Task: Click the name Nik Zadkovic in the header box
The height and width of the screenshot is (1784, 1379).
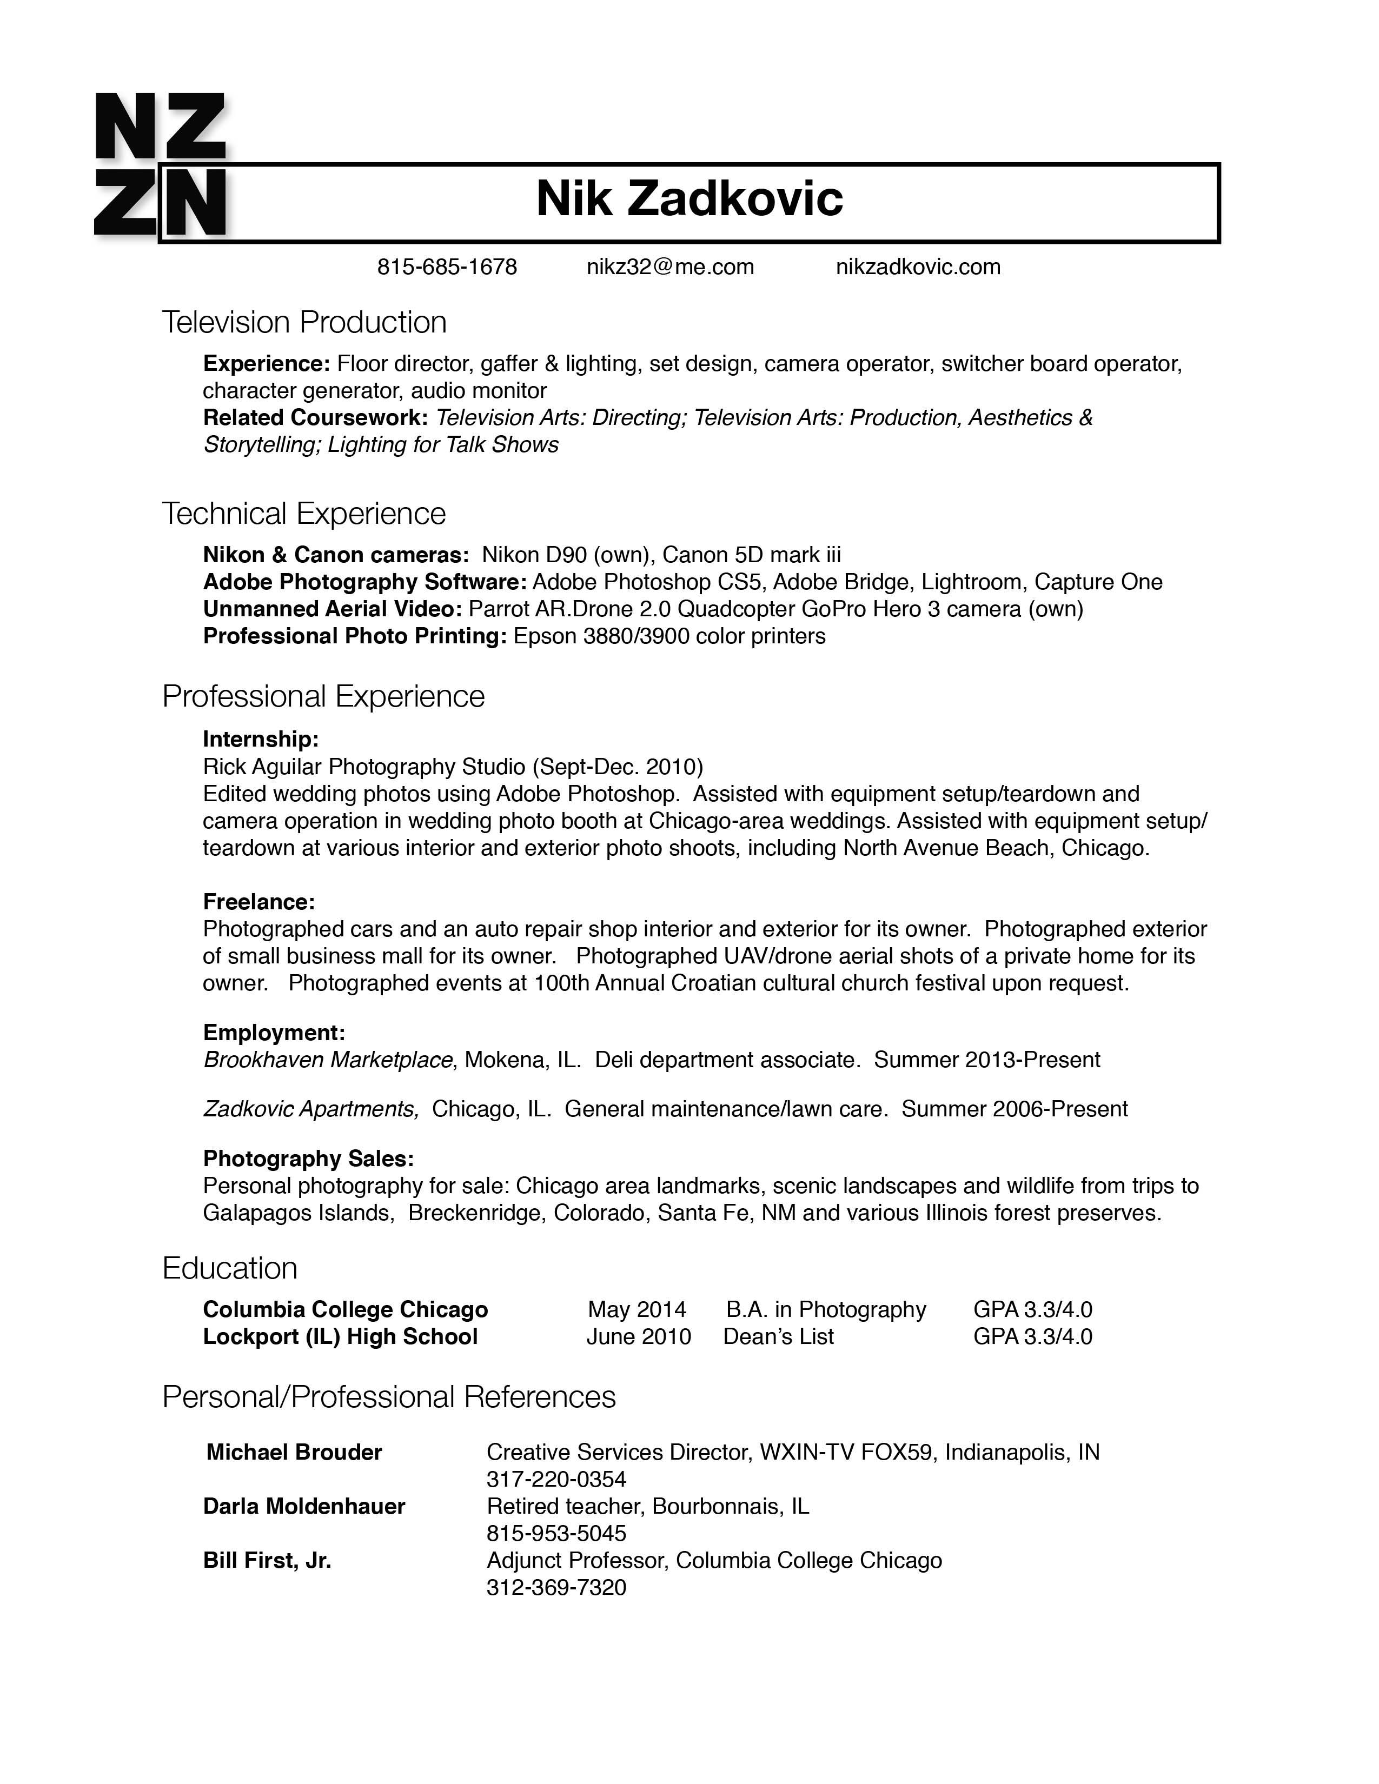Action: [688, 199]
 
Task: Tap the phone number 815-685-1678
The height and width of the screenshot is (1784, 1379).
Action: [447, 267]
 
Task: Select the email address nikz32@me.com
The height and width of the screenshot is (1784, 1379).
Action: [670, 267]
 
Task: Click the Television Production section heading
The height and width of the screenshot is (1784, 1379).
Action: [304, 323]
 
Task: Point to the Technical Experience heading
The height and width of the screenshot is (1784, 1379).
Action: [304, 514]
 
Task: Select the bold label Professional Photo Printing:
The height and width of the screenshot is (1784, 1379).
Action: [355, 636]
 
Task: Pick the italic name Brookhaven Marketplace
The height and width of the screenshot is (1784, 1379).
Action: [328, 1060]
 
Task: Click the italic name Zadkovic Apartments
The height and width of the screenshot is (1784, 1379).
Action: [310, 1109]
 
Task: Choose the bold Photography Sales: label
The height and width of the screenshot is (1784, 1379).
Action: [308, 1159]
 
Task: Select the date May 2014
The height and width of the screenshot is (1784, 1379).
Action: [637, 1309]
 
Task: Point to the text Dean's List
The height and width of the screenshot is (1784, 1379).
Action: [779, 1336]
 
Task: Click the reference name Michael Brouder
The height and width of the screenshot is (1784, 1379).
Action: [294, 1453]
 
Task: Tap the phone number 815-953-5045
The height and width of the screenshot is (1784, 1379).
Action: [556, 1533]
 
